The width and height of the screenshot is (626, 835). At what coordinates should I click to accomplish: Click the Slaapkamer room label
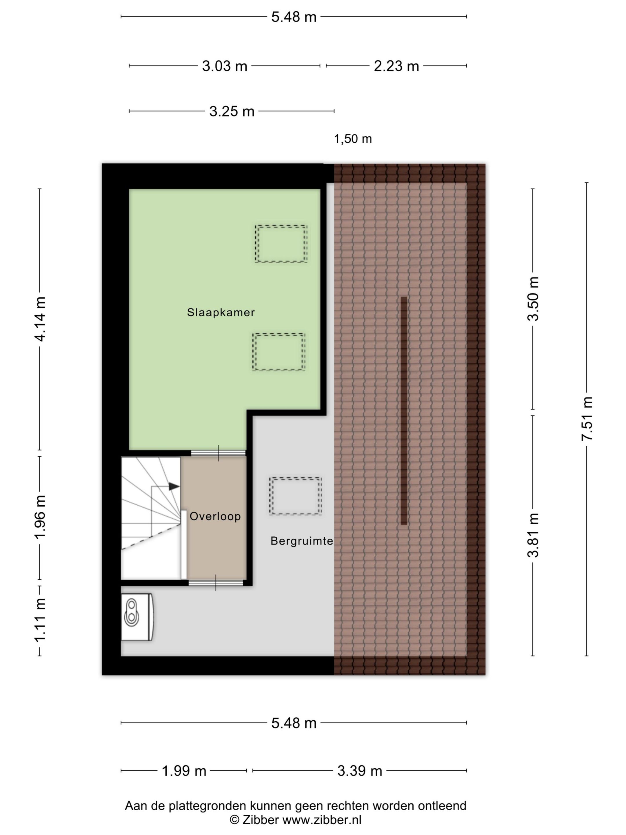pyautogui.click(x=221, y=312)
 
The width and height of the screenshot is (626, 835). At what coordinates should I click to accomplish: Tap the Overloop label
pyautogui.click(x=215, y=516)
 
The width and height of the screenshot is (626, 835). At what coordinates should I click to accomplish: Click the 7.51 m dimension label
pyautogui.click(x=587, y=419)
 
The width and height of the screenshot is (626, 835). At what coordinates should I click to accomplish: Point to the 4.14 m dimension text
pyautogui.click(x=40, y=319)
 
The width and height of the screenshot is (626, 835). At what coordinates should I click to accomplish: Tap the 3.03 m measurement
pyautogui.click(x=225, y=66)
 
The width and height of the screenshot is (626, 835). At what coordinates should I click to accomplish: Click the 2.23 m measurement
pyautogui.click(x=396, y=66)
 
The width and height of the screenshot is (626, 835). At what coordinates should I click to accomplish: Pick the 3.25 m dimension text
pyautogui.click(x=232, y=111)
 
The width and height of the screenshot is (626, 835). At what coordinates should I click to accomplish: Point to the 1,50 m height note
pyautogui.click(x=353, y=139)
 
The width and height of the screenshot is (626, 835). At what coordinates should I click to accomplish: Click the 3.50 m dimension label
pyautogui.click(x=533, y=299)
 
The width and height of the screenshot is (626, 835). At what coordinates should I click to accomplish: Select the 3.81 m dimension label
pyautogui.click(x=533, y=535)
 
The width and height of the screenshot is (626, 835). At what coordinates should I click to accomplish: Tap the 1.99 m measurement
pyautogui.click(x=184, y=771)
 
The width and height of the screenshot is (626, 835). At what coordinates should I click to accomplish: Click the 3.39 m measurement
pyautogui.click(x=360, y=771)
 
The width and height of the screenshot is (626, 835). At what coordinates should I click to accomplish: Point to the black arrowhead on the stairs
pyautogui.click(x=174, y=487)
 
